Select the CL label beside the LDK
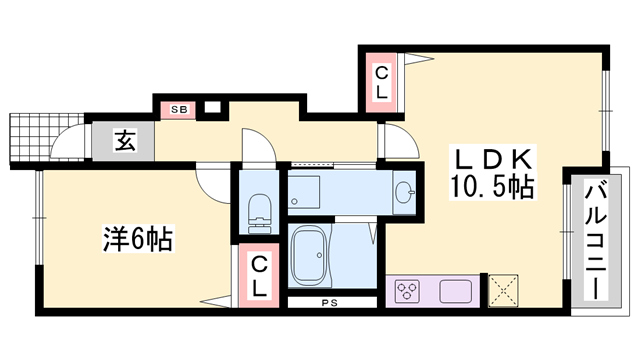pos(383,80)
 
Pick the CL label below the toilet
pos(258,273)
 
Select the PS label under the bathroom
pos(329,302)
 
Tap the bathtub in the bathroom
pos(326,257)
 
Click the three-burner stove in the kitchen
pos(408,292)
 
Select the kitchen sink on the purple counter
pos(455,292)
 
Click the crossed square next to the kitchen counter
pos(504,291)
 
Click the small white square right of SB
pos(212,107)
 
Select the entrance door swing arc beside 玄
pos(67,149)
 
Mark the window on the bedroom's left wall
pos(37,214)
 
